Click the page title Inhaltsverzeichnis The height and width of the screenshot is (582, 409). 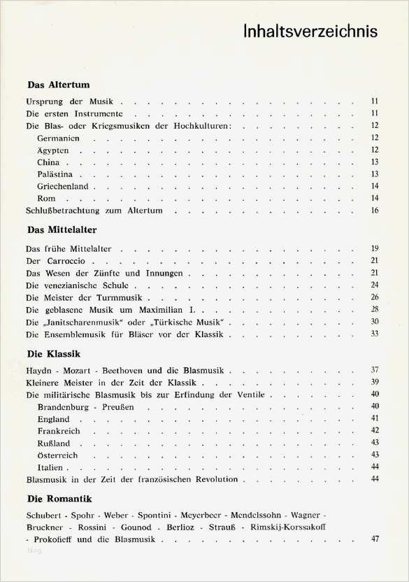[x=311, y=32]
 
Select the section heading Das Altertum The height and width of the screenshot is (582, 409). [x=58, y=85]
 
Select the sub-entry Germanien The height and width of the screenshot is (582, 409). [x=59, y=138]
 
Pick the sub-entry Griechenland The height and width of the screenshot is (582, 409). [x=64, y=186]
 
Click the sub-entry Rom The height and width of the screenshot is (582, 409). [x=46, y=199]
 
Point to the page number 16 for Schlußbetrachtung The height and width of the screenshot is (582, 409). [x=375, y=210]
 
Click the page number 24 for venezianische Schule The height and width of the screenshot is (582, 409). [x=375, y=285]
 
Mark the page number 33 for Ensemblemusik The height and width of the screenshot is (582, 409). [x=375, y=334]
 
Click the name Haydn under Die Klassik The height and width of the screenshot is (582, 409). [x=39, y=369]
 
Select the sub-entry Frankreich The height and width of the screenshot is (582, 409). [x=59, y=431]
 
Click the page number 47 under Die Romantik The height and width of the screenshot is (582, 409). [x=375, y=539]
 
